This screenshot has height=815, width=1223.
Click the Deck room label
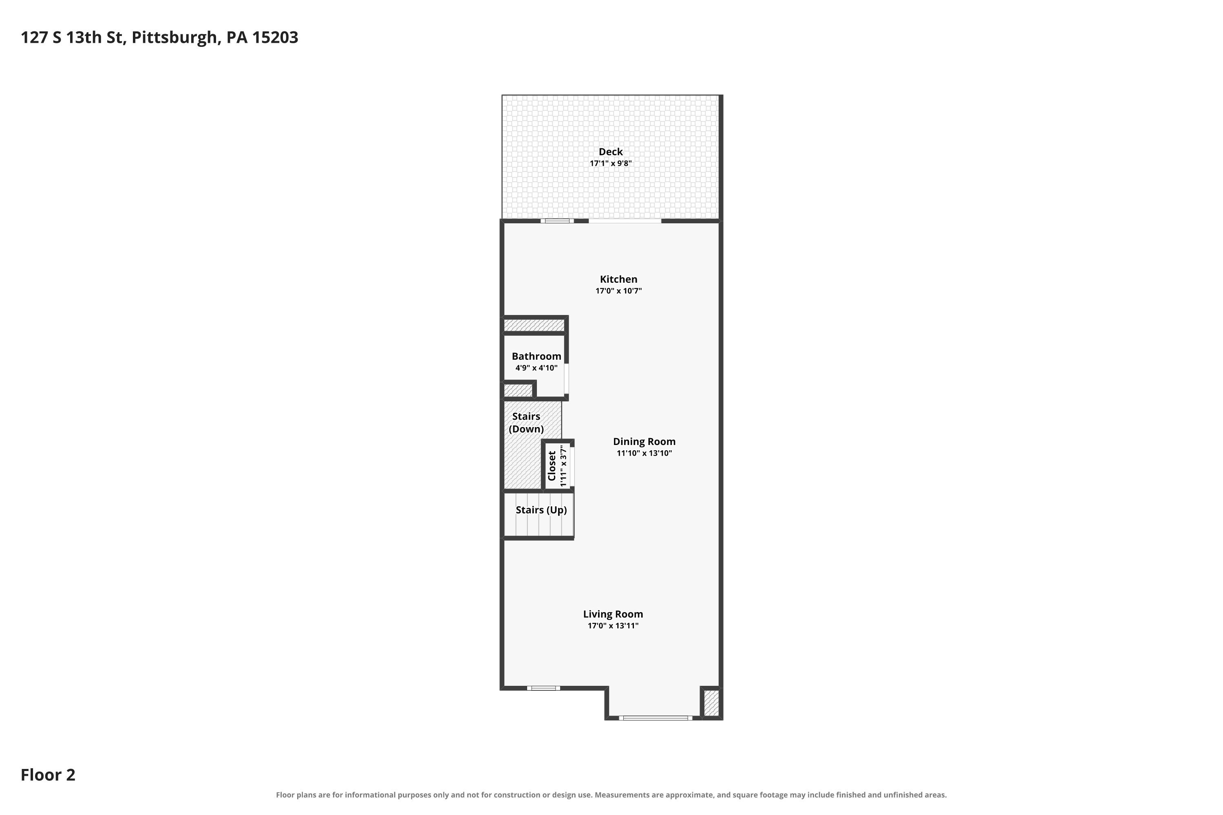point(610,152)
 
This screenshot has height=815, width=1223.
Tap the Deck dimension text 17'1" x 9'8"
point(610,163)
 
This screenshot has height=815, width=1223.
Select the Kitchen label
point(618,279)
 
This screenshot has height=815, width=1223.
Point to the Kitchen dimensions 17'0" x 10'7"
point(618,291)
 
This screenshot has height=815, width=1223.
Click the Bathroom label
point(536,356)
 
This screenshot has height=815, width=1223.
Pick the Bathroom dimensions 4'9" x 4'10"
point(536,368)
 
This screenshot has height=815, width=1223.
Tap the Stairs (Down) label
point(526,423)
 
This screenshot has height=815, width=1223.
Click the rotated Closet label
point(552,466)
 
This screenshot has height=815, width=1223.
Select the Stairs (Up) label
point(541,510)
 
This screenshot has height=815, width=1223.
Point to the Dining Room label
point(644,441)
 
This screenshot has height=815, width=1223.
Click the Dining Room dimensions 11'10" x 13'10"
point(644,453)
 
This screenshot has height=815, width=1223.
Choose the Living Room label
point(613,614)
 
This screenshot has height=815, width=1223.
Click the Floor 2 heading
point(48,775)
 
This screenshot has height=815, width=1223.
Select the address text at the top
point(159,37)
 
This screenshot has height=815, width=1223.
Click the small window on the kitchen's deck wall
point(557,221)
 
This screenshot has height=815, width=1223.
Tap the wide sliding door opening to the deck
point(625,221)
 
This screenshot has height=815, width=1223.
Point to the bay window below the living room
point(655,718)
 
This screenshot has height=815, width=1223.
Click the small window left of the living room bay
point(543,688)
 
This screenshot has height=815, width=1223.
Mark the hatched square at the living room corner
point(711,703)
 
